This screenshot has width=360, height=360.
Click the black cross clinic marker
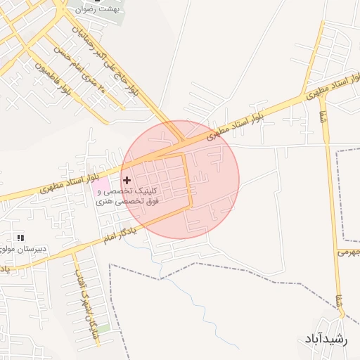pyautogui.click(x=127, y=181)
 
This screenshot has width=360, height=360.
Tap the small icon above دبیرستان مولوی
pyautogui.click(x=20, y=238)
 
